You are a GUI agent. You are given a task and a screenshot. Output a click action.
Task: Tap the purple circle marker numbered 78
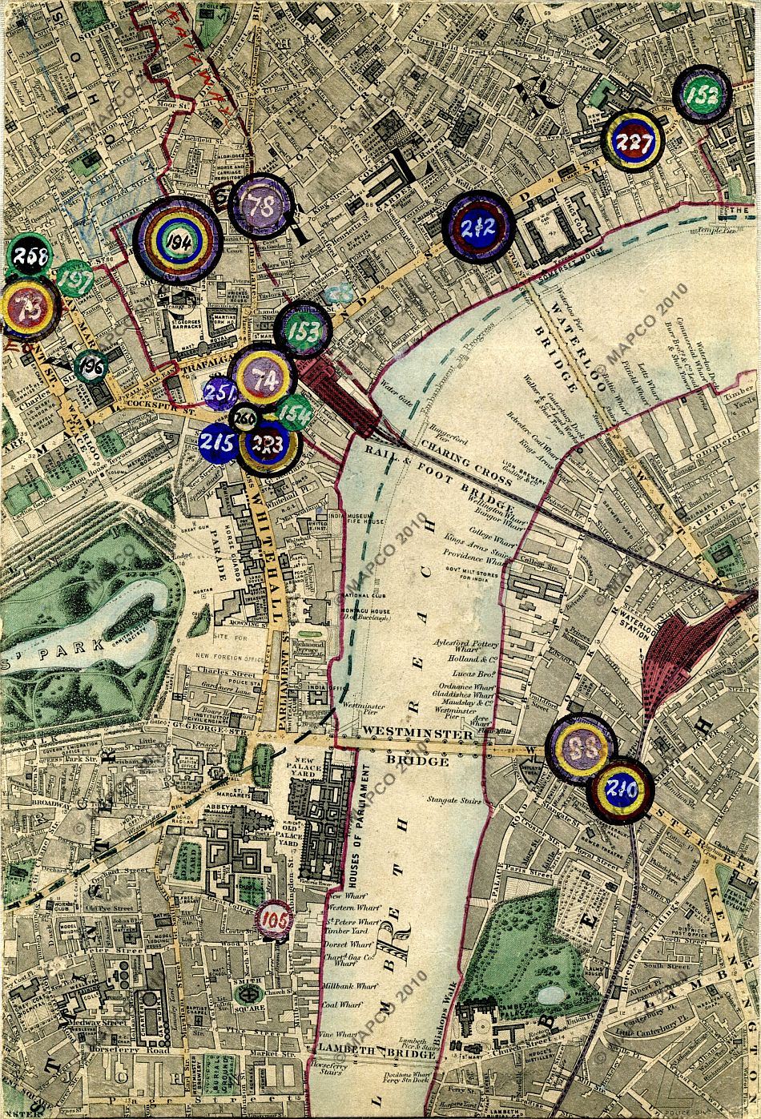pyautogui.click(x=263, y=206)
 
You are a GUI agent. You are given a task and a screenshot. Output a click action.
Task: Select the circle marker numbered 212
pyautogui.click(x=477, y=227)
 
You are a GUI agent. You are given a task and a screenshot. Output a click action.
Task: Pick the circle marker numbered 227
pyautogui.click(x=634, y=140)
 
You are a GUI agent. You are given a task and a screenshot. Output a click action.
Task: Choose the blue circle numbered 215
pyautogui.click(x=217, y=443)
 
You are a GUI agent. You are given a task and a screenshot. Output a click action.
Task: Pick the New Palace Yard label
pyautogui.click(x=308, y=774)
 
